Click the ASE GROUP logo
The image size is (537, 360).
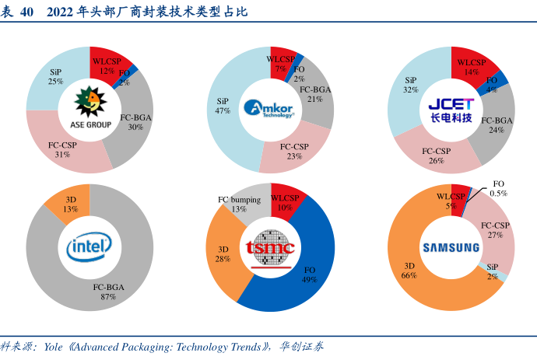pyautogui.click(x=89, y=108)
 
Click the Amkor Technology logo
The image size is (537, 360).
pyautogui.click(x=268, y=109)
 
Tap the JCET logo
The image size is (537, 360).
pyautogui.click(x=451, y=110)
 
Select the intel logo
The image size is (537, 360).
pyautogui.click(x=89, y=248)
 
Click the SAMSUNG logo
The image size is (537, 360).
pyautogui.click(x=451, y=248)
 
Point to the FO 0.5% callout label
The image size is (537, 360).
pyautogui.click(x=500, y=188)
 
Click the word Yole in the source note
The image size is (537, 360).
pyautogui.click(x=54, y=347)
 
